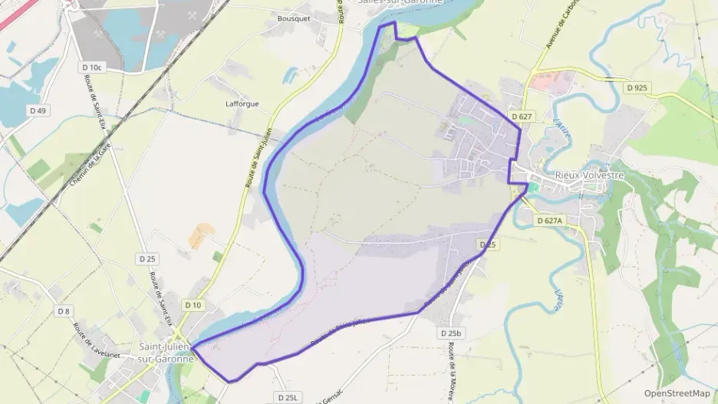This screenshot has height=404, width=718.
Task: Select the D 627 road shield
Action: tap(520, 117)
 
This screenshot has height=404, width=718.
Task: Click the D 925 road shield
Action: tap(637, 87)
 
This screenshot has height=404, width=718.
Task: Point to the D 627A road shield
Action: tap(549, 220)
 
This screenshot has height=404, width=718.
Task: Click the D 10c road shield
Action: tap(91, 67)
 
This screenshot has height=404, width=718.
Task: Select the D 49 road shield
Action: tap(36, 111)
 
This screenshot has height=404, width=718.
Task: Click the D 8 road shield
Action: tap(64, 310)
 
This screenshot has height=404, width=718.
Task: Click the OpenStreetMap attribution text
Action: tap(677, 393)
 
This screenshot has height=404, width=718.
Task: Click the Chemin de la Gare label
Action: tap(87, 170)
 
